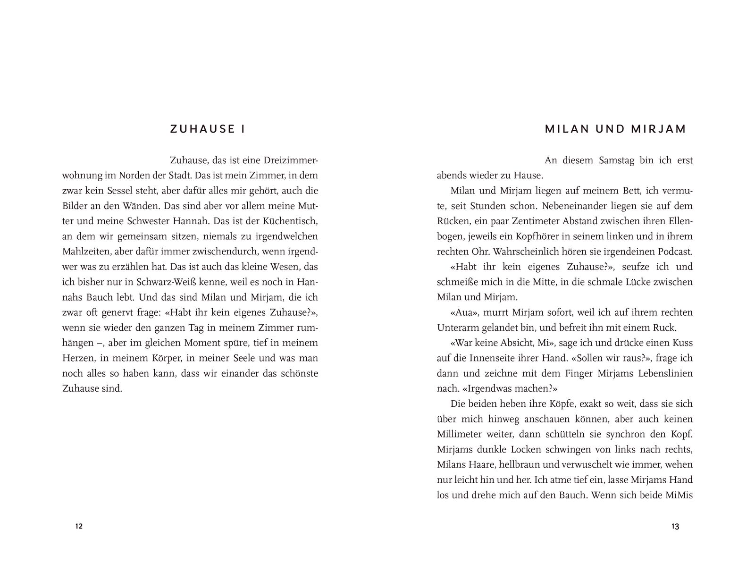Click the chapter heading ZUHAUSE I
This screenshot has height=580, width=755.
click(208, 129)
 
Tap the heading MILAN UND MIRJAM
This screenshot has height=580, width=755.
click(615, 129)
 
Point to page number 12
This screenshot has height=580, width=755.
click(79, 526)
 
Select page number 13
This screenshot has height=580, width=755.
click(675, 526)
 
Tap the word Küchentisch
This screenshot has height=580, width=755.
click(290, 221)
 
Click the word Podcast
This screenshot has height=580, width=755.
click(673, 251)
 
